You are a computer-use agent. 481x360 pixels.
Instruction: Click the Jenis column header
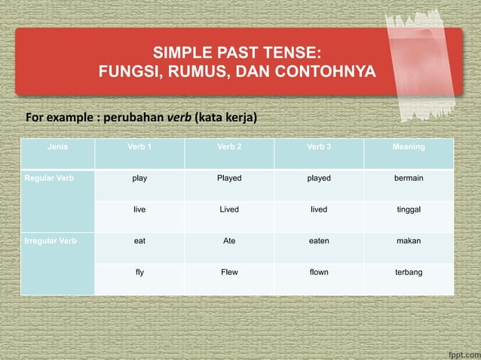pos(57,147)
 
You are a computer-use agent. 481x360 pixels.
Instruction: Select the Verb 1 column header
pos(139,147)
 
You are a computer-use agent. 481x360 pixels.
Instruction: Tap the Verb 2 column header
pos(229,147)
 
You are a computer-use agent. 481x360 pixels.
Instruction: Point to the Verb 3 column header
pos(319,147)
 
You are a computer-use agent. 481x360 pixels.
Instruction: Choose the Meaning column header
pos(409,147)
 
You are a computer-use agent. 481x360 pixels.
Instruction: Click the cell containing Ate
pos(229,241)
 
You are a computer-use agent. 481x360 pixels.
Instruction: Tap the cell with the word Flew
pos(229,272)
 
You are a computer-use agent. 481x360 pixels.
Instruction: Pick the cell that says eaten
pos(319,241)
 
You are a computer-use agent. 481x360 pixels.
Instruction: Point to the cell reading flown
pos(319,272)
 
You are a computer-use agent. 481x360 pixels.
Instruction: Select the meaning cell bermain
pos(409,178)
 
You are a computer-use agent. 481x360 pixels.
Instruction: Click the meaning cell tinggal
pos(409,210)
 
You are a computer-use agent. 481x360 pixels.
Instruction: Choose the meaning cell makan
pos(409,241)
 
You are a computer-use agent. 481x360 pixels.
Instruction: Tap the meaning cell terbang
pos(409,272)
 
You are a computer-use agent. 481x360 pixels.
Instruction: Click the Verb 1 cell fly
pos(139,272)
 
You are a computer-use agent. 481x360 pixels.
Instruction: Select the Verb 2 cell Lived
pos(229,210)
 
